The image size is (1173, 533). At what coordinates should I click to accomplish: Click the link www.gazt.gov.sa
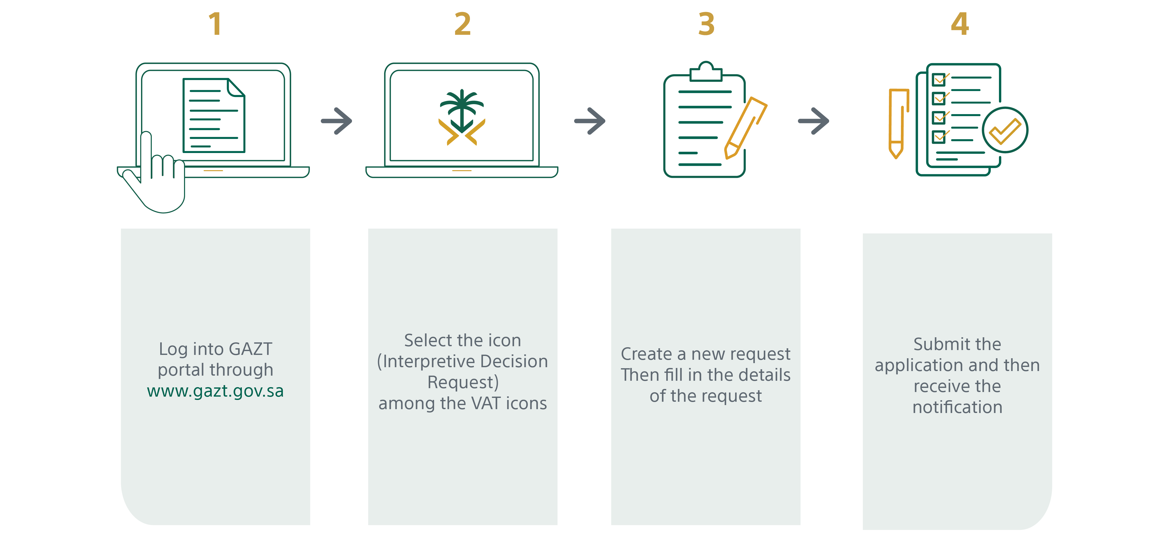[x=216, y=391]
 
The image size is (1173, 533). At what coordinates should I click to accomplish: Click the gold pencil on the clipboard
[x=746, y=127]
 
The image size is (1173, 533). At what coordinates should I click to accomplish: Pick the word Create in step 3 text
[x=646, y=354]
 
